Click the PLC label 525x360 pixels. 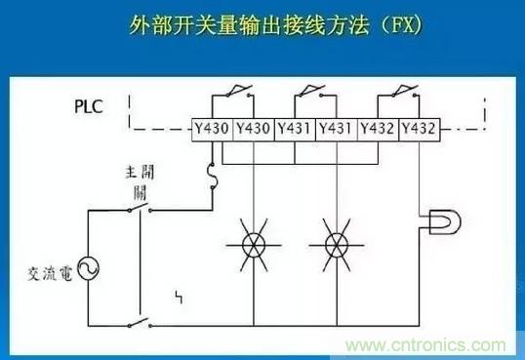88,106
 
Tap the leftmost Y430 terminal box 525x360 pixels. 212,129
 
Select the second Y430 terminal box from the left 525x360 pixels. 254,129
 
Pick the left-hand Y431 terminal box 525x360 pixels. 295,129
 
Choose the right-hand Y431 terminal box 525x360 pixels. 337,129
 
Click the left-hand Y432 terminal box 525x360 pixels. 378,129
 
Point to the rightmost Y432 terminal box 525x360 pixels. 420,129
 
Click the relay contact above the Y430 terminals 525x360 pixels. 239,92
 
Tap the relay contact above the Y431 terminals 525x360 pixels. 312,92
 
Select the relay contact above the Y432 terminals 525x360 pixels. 404,92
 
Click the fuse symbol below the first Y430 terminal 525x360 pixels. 213,177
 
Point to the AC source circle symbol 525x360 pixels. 89,268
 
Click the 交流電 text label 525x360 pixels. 50,273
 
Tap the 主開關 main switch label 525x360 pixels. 141,182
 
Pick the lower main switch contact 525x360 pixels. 140,323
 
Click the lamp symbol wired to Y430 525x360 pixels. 254,245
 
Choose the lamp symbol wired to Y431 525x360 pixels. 337,245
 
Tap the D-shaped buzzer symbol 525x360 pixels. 445,221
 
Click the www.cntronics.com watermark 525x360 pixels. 425,345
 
